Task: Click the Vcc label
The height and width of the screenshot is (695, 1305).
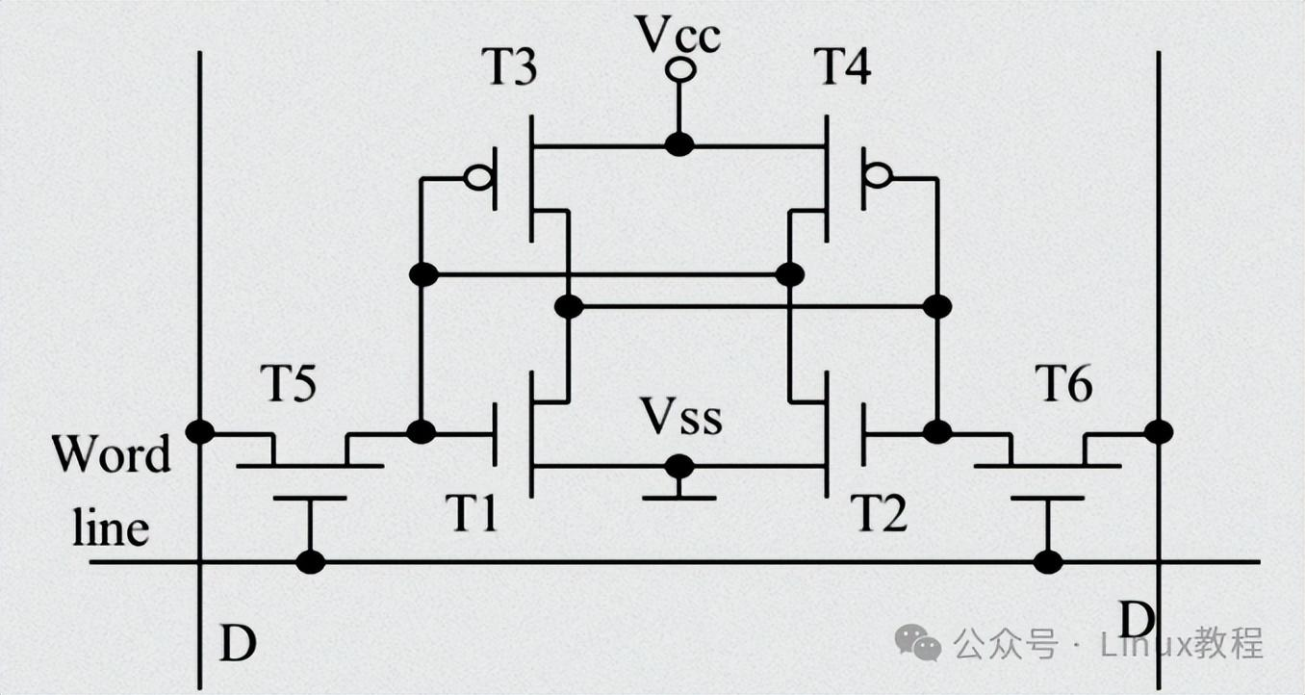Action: click(678, 34)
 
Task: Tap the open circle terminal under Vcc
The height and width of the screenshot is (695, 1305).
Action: click(679, 70)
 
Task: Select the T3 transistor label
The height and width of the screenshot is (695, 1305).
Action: click(509, 66)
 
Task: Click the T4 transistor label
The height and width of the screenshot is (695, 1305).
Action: click(842, 66)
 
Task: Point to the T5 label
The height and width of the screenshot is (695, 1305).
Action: click(289, 383)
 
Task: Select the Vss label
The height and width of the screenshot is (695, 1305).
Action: click(681, 417)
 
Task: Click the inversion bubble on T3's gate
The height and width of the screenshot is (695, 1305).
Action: click(479, 177)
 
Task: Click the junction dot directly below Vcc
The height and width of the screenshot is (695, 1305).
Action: click(679, 144)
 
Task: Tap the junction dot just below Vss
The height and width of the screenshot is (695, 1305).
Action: click(679, 467)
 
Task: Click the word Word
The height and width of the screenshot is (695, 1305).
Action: click(111, 454)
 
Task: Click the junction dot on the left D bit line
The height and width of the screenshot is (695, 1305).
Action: click(200, 432)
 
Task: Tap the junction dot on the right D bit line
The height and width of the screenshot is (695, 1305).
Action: click(1159, 432)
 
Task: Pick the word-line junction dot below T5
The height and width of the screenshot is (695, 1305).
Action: click(311, 563)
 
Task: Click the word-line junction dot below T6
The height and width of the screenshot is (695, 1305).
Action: click(1048, 563)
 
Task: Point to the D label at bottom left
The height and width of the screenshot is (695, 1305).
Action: click(238, 643)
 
